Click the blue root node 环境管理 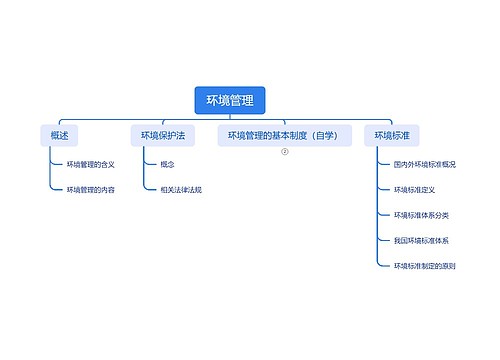pos(230,100)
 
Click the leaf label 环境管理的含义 pos(91,163)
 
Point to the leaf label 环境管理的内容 pos(91,189)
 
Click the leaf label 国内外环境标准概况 pos(425,163)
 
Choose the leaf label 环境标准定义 pos(414,189)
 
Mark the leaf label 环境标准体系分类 pos(421,215)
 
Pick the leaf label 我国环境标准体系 pos(421,241)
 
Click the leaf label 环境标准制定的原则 pos(425,266)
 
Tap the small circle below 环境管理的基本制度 pos(284,152)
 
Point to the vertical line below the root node pos(230,117)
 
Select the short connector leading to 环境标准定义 pos(384,189)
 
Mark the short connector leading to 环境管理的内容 pos(56,189)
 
